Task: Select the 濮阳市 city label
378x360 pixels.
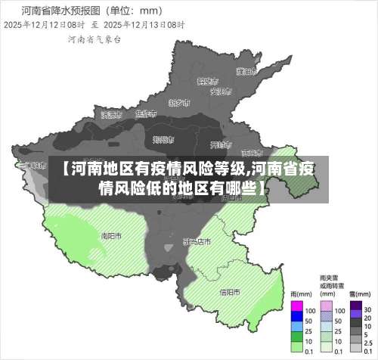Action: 243,72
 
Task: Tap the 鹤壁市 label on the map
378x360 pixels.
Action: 207,80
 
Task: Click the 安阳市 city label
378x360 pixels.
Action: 220,92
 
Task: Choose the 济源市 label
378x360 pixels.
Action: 111,116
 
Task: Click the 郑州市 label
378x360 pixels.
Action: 163,139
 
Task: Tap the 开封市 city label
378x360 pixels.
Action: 219,144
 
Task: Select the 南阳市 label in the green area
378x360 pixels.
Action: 111,235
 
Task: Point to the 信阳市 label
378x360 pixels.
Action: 229,291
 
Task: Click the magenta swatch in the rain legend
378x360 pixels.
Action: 296,306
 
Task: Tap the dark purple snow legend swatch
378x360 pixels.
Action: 355,306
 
